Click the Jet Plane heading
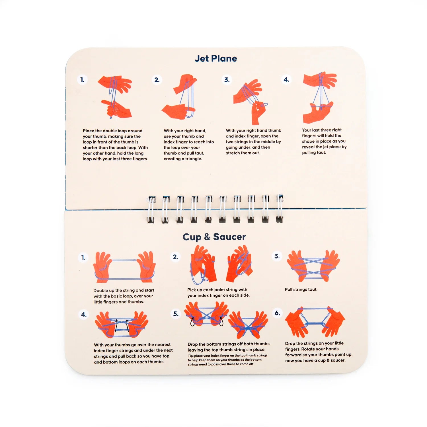[215, 58]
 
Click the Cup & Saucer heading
[214, 237]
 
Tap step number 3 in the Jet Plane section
[227, 80]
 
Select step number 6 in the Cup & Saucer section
[277, 313]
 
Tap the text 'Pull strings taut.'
[301, 290]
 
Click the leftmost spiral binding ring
[151, 209]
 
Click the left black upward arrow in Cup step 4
[116, 326]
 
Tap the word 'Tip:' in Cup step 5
[190, 356]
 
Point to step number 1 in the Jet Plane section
[82, 80]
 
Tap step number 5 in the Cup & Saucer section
[176, 314]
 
